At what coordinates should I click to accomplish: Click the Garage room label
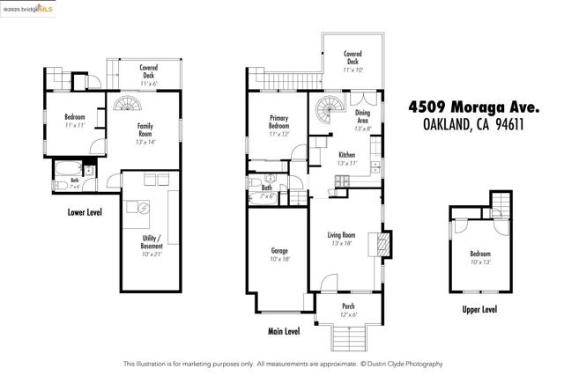click(279, 254)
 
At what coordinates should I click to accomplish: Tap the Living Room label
click(341, 239)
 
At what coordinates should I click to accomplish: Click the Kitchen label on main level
click(345, 159)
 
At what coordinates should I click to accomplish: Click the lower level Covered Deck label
click(147, 72)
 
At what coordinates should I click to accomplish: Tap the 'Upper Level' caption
click(479, 309)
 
